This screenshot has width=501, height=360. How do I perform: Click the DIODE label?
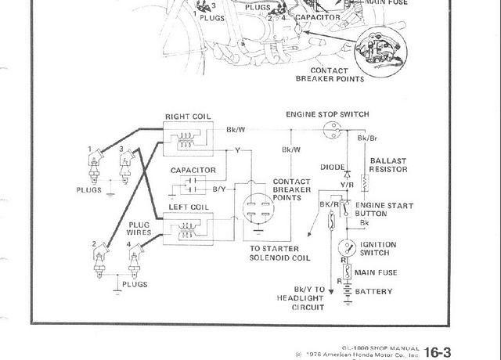(x=334, y=167)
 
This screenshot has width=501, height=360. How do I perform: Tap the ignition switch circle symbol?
(x=342, y=247)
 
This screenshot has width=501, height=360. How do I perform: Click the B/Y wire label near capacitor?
(x=220, y=188)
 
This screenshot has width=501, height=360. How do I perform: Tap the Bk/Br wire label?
(x=367, y=139)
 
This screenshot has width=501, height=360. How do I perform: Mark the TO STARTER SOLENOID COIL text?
(x=284, y=251)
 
